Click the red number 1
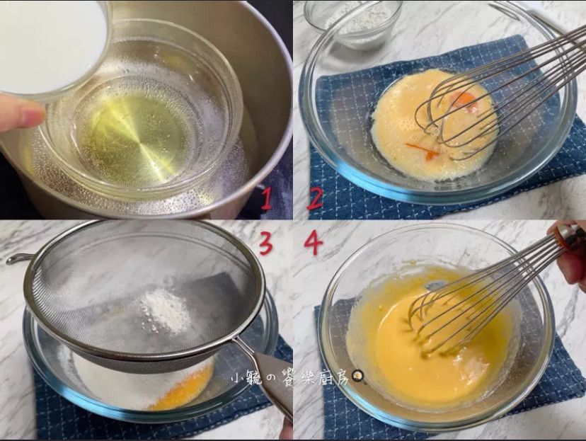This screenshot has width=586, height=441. [267, 199]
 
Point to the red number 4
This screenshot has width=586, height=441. [314, 244]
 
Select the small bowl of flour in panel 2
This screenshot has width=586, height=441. [353, 23]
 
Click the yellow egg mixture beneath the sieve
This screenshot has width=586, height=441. [183, 391]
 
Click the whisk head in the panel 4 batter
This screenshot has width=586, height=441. [460, 318]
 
